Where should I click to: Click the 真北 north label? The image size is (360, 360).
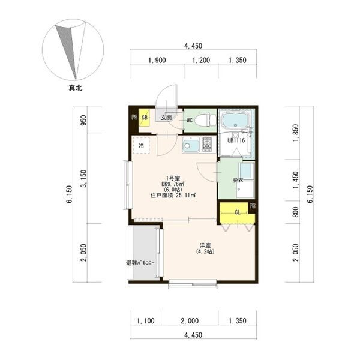tap(76, 88)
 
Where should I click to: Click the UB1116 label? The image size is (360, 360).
tap(236, 140)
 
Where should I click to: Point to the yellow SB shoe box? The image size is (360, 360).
tap(145, 118)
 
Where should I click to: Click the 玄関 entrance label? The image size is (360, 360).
tap(166, 118)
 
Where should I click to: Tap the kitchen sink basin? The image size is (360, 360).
tap(191, 145)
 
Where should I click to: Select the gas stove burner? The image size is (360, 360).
tap(208, 144)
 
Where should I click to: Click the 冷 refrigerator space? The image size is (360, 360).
tap(142, 145)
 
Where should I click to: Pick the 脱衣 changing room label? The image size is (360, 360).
tap(238, 180)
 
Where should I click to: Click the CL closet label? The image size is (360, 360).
tap(238, 212)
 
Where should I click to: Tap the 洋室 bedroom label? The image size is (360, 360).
tap(205, 245)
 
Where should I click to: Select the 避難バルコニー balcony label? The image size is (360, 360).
tap(140, 263)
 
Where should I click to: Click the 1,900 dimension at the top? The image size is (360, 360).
tap(157, 60)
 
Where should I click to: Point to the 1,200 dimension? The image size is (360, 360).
tap(201, 60)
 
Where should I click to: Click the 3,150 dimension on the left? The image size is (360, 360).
tap(84, 178)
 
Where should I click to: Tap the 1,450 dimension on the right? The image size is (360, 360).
tap(296, 180)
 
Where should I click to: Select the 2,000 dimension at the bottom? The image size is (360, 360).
tap(190, 321)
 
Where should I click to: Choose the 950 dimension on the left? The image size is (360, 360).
tap(84, 120)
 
